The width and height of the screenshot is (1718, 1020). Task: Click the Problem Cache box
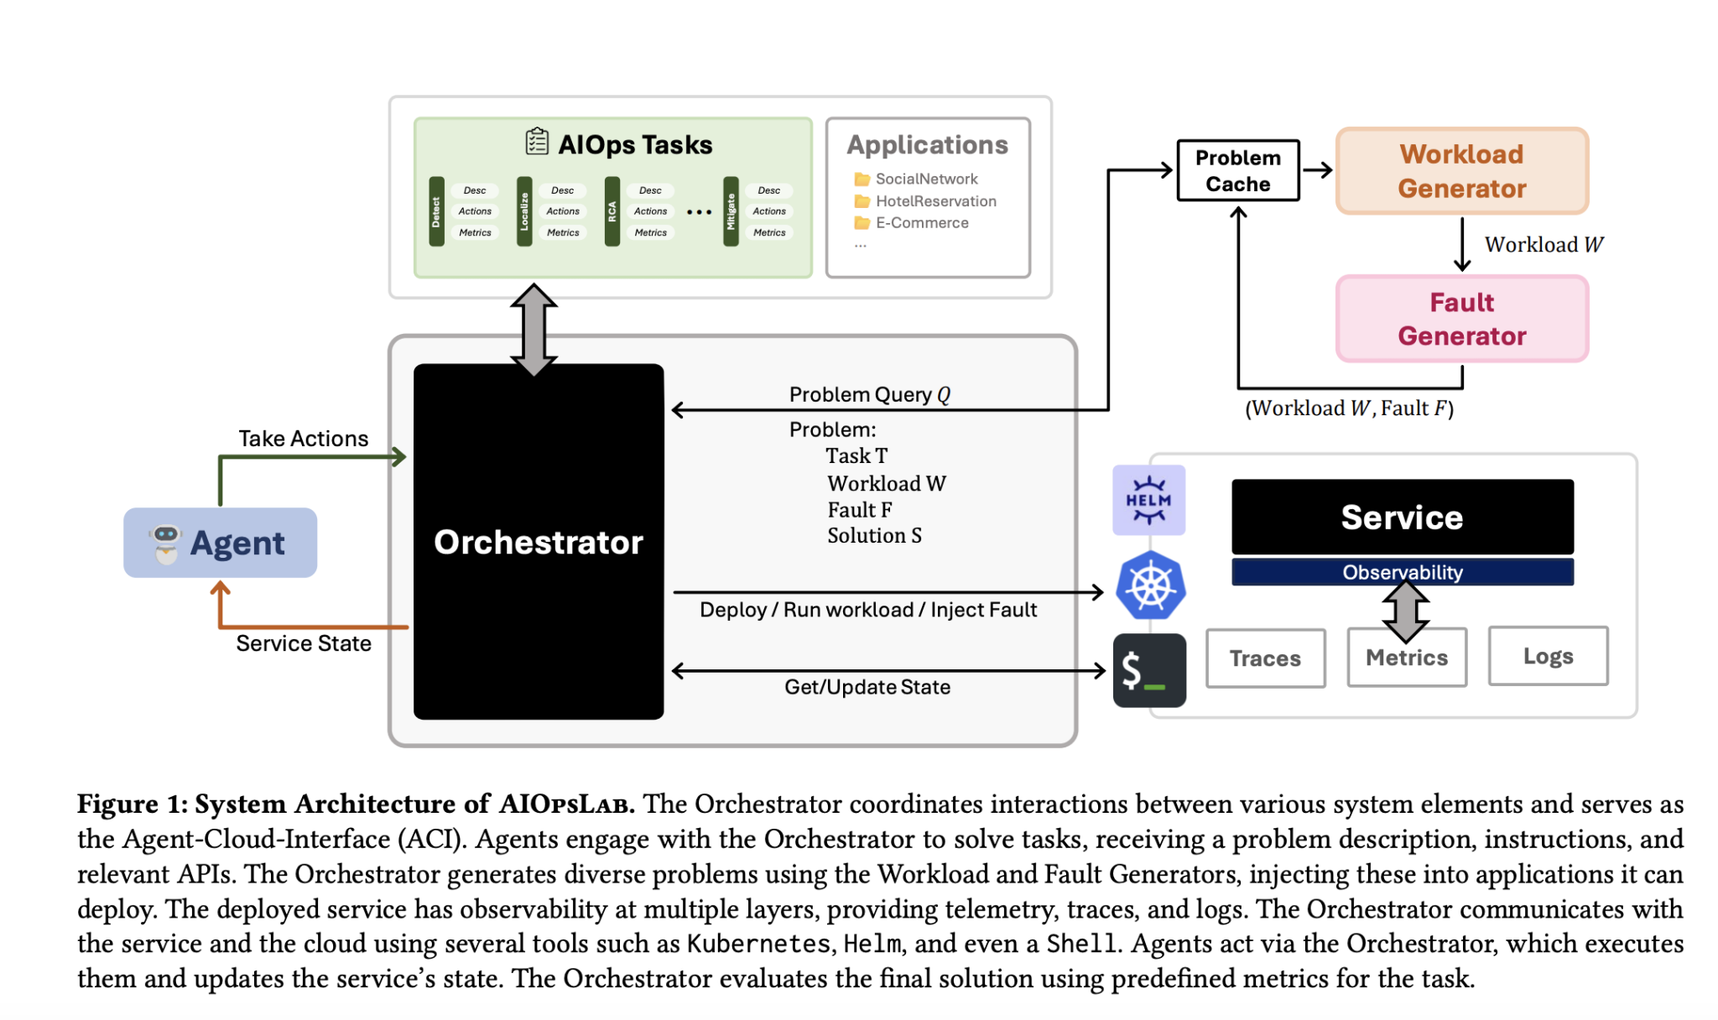pos(1237,170)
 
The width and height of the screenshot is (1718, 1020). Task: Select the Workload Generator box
pos(1461,171)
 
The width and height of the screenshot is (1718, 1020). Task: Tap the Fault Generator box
pos(1461,319)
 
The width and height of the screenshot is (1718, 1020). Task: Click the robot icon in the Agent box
pos(165,543)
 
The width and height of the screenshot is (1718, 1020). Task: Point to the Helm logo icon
pos(1148,500)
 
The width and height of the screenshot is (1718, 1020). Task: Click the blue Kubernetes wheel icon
pos(1150,585)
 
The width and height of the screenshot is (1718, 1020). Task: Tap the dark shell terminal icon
pos(1149,670)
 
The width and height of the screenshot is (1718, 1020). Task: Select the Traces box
pos(1265,658)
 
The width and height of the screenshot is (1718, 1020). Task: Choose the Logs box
pos(1548,656)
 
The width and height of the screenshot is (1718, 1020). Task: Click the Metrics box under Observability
pos(1407,658)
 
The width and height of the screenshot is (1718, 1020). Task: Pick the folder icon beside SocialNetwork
pos(862,180)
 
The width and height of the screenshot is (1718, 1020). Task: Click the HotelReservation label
pos(935,201)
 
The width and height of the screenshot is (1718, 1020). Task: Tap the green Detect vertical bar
pos(436,211)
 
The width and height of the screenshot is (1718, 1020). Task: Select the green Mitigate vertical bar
pos(731,211)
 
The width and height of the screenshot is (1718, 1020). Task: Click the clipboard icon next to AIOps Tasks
pos(537,142)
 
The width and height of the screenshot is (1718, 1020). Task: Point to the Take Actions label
pos(303,439)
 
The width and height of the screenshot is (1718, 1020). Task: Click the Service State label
pos(303,643)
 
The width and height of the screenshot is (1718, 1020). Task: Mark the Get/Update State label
pos(867,687)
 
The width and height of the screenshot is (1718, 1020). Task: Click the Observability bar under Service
pos(1402,572)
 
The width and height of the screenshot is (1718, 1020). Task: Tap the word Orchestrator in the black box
pos(538,543)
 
